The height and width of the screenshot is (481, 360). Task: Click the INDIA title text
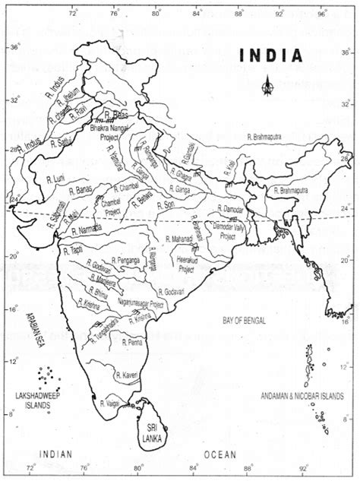[x=270, y=55]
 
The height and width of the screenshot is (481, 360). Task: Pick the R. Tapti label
[x=74, y=249]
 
